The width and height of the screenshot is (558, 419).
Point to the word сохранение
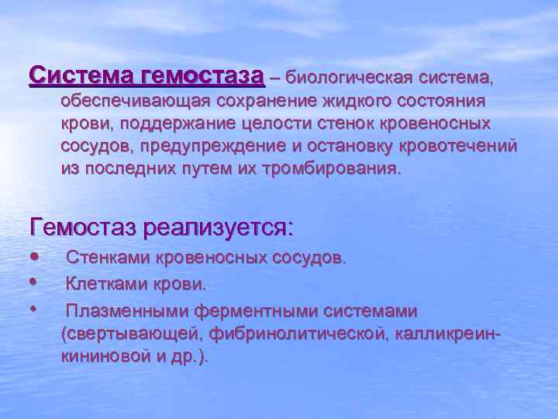[x=266, y=102]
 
